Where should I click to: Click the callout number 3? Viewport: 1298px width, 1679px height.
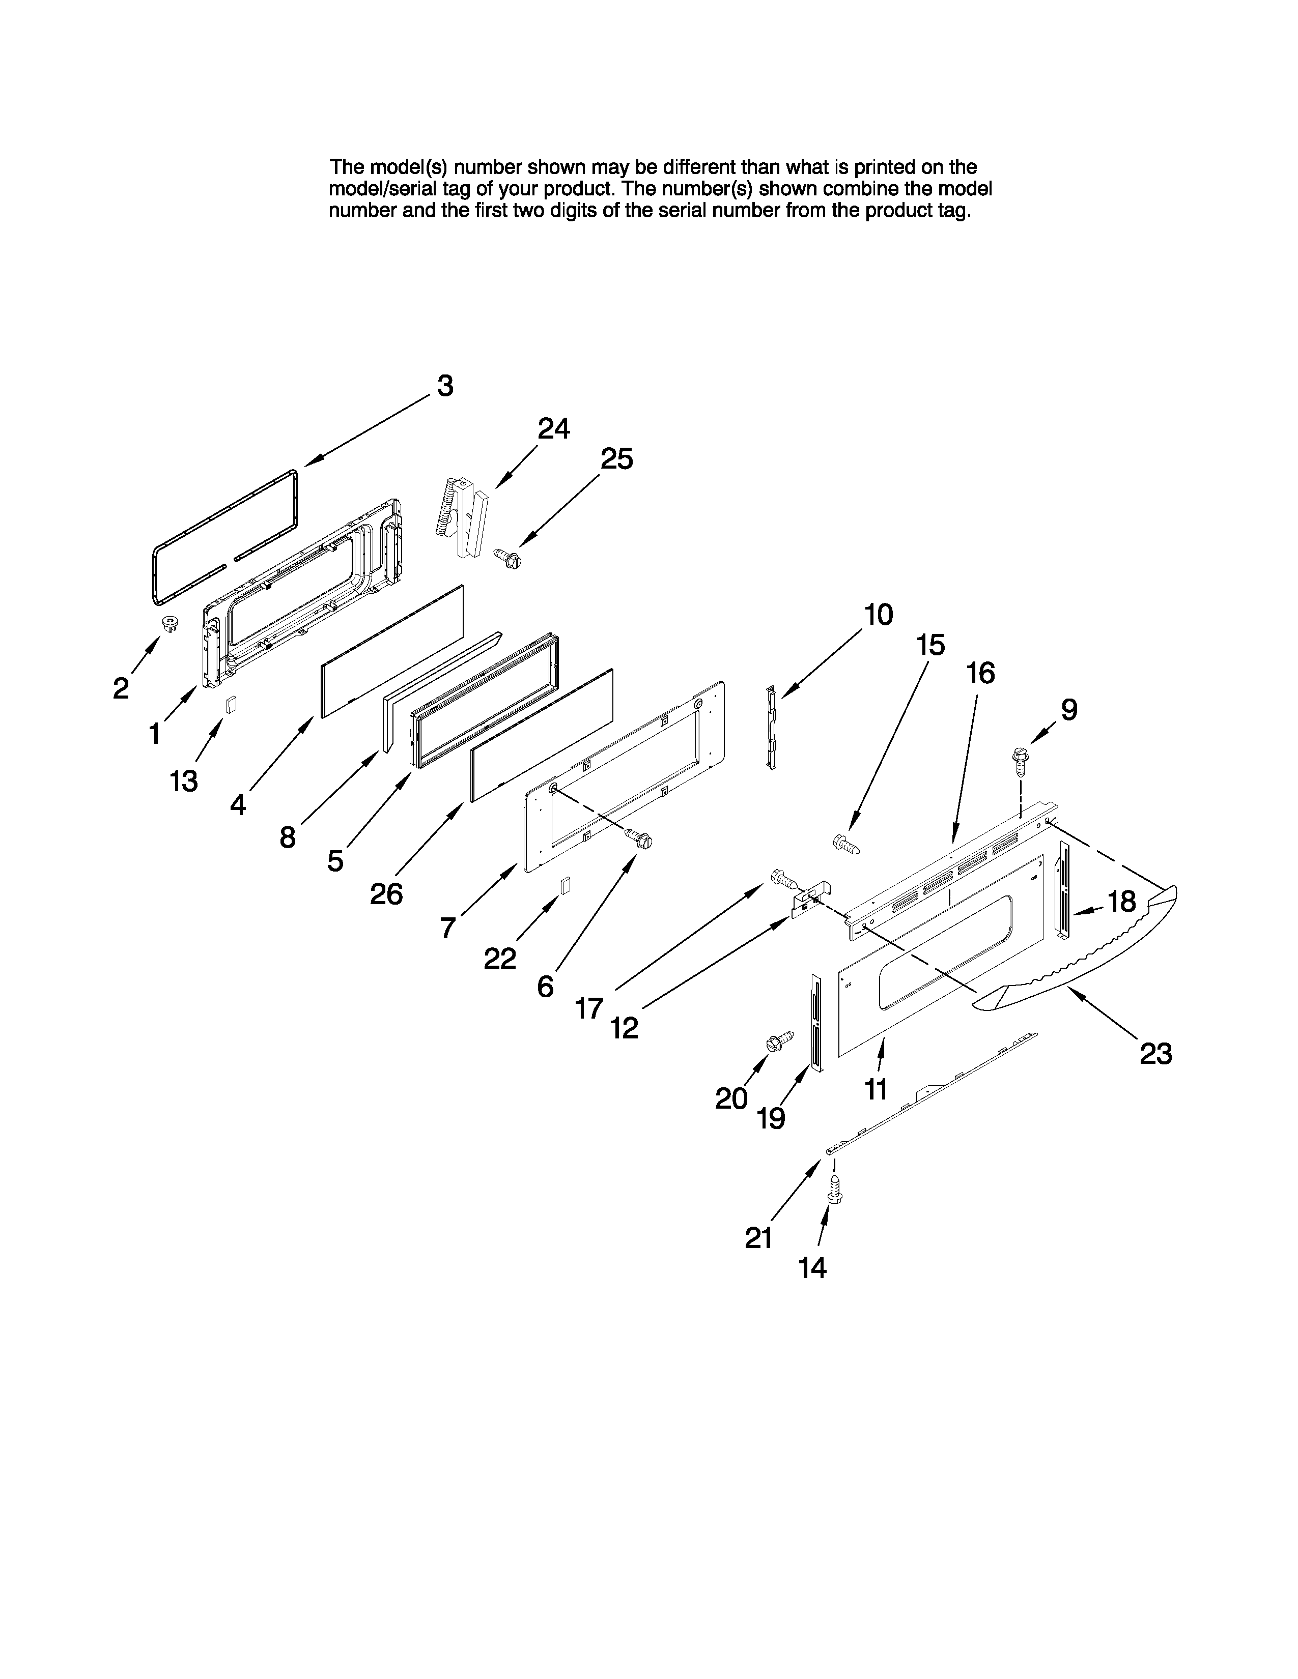445,386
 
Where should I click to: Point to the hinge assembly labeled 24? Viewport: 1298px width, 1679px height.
467,515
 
